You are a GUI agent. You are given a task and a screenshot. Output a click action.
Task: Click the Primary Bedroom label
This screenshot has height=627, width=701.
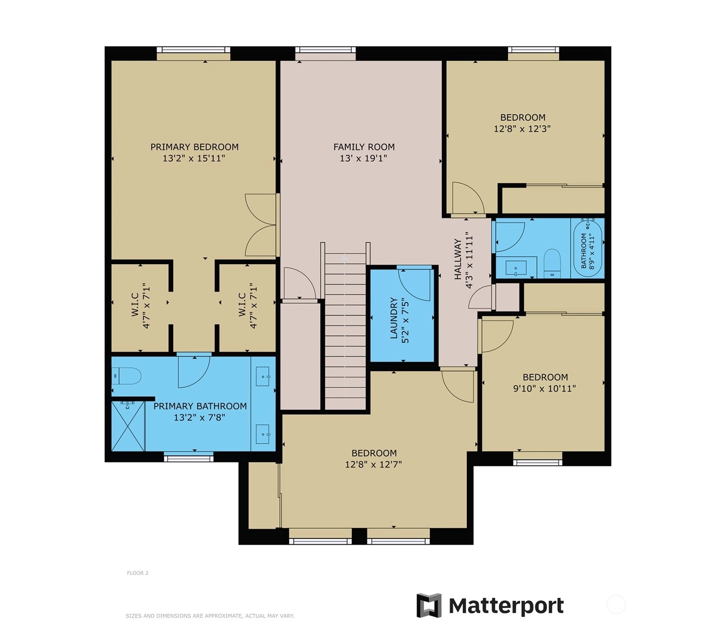click(194, 147)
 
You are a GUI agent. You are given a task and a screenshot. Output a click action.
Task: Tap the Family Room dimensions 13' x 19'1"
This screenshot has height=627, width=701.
click(363, 158)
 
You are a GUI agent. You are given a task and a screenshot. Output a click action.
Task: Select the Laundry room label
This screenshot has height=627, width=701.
click(394, 318)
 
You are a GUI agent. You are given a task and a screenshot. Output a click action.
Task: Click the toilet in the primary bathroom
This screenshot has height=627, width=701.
click(126, 376)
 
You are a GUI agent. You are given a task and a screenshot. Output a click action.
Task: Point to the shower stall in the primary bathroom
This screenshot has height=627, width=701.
click(128, 425)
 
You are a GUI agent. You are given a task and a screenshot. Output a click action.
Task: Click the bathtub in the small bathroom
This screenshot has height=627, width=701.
click(588, 247)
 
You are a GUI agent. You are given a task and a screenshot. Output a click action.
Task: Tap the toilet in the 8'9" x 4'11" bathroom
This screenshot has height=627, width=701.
click(552, 263)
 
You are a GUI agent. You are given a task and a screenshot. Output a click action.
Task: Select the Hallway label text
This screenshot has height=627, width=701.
click(457, 259)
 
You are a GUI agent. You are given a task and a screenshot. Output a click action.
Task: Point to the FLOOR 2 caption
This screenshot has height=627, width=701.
click(138, 573)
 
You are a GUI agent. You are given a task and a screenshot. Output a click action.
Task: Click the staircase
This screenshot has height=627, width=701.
click(345, 331)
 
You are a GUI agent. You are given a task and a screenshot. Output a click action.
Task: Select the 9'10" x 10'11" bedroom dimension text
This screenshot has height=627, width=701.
click(544, 388)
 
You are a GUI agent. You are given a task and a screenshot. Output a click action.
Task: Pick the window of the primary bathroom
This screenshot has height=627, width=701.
click(189, 459)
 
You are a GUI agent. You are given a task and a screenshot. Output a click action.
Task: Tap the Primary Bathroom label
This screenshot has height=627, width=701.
click(200, 406)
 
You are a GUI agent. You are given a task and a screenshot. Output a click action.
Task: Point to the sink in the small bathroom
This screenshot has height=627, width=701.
click(516, 268)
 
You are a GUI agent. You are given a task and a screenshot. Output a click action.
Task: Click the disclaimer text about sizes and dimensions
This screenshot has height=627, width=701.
click(210, 616)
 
